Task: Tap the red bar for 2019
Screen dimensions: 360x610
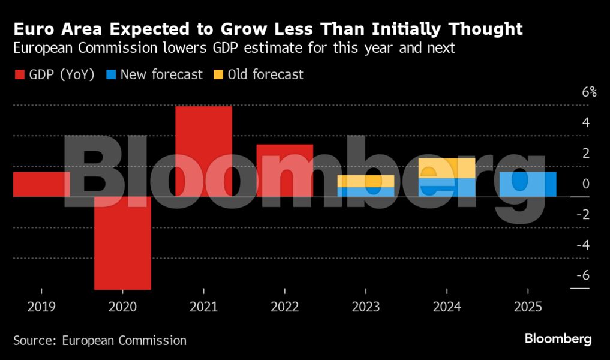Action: (x=41, y=184)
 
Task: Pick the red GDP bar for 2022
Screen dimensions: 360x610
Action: (x=284, y=170)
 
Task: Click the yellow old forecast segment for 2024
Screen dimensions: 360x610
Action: (x=447, y=168)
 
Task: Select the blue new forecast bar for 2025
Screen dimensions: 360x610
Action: (x=528, y=184)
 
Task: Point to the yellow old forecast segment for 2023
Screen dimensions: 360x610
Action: (x=365, y=181)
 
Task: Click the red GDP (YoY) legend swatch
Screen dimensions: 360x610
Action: (x=19, y=75)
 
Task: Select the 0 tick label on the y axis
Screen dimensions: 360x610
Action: (x=585, y=184)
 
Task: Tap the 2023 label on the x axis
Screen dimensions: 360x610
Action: (x=366, y=307)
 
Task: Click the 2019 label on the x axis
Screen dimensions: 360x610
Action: (x=41, y=307)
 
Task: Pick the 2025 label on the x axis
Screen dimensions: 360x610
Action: (x=528, y=307)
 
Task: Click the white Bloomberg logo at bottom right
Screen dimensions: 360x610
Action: (x=558, y=339)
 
